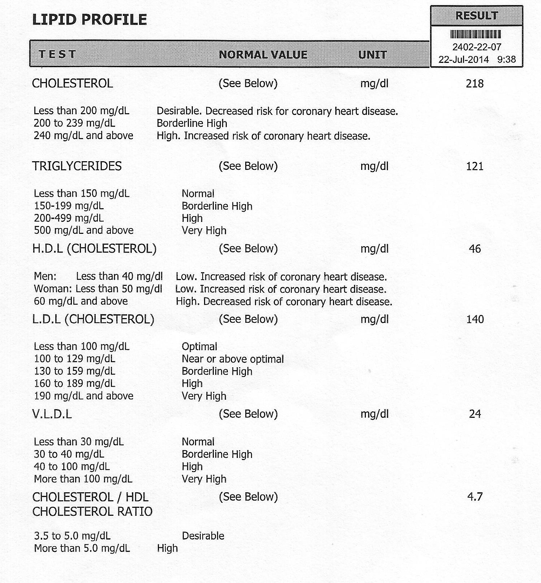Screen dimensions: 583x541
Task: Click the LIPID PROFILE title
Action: coord(90,20)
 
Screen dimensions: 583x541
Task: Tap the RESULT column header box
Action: coord(476,16)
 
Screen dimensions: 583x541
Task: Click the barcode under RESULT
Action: coord(476,34)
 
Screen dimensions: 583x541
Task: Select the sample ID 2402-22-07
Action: coord(477,47)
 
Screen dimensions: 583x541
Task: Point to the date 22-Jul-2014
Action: coord(463,59)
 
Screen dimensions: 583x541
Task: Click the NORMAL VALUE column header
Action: coord(263,55)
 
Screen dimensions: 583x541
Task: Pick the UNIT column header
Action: coord(372,55)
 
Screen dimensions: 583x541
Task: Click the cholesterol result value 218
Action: coord(475,83)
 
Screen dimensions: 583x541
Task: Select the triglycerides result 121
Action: coord(475,166)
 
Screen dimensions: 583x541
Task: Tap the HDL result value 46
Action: coord(475,249)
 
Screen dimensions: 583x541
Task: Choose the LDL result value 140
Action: coord(475,319)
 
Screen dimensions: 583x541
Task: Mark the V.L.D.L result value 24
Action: coord(475,414)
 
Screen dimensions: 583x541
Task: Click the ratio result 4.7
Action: coord(475,497)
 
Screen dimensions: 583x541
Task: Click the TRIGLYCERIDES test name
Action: coord(77,166)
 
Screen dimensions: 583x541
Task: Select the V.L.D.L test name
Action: coord(52,414)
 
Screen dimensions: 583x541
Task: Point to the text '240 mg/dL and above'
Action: coord(83,136)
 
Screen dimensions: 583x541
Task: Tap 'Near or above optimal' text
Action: coord(233,359)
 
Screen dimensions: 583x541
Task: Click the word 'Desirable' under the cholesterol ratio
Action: coord(203,536)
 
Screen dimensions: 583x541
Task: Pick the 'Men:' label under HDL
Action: coord(45,277)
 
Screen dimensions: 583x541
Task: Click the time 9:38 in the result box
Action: coord(506,59)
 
